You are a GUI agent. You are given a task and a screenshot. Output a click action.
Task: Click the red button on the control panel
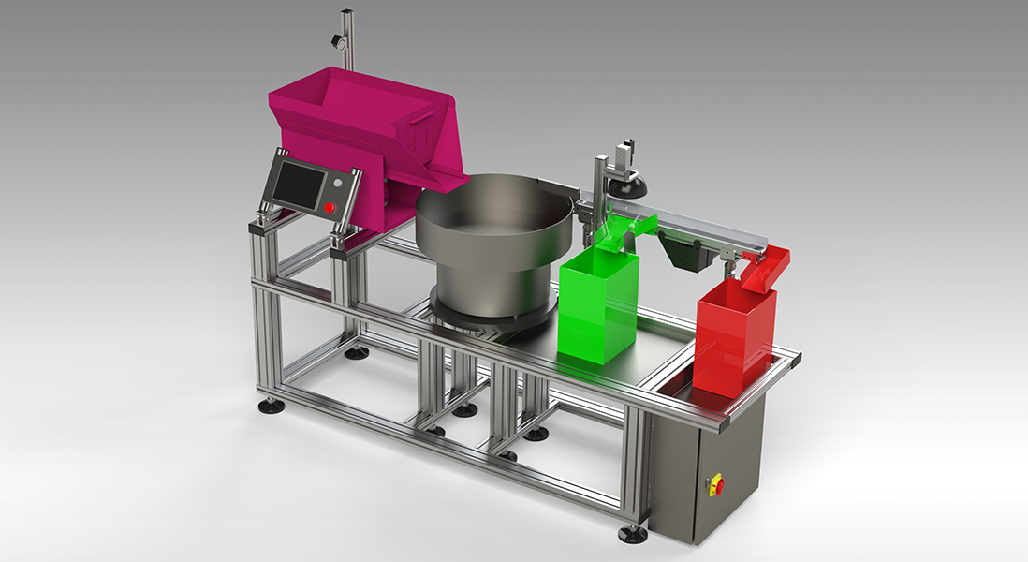pos(330,207)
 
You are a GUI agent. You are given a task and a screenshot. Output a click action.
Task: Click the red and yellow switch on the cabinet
pos(719,484)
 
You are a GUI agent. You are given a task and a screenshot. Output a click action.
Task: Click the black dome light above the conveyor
pos(628,187)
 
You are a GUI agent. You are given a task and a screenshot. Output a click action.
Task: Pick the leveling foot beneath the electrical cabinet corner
pos(633,536)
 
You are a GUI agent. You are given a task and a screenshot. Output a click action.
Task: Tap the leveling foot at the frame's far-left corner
pos(272,407)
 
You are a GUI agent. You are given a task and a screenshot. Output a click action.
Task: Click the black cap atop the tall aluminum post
pos(346,11)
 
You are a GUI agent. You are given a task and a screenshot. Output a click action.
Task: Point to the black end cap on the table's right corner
pos(795,358)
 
